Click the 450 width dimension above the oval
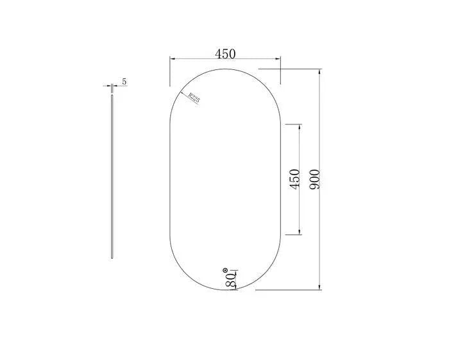(x=225, y=55)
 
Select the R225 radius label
(x=194, y=98)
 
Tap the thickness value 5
(x=124, y=81)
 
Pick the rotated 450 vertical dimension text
(x=294, y=179)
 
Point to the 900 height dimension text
(x=314, y=179)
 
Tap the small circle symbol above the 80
(x=225, y=270)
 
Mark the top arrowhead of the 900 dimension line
(x=320, y=72)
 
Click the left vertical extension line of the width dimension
(x=169, y=71)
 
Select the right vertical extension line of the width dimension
(x=280, y=71)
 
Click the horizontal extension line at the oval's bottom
(x=289, y=289)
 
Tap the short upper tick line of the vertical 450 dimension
(x=292, y=123)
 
